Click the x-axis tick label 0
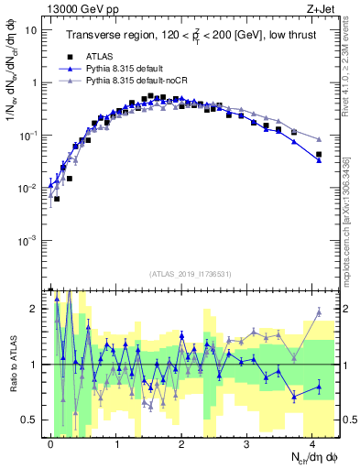coord(50,443)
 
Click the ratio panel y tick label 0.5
coord(32,420)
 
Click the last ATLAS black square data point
coord(319,155)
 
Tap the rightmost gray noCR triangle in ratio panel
coord(319,312)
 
